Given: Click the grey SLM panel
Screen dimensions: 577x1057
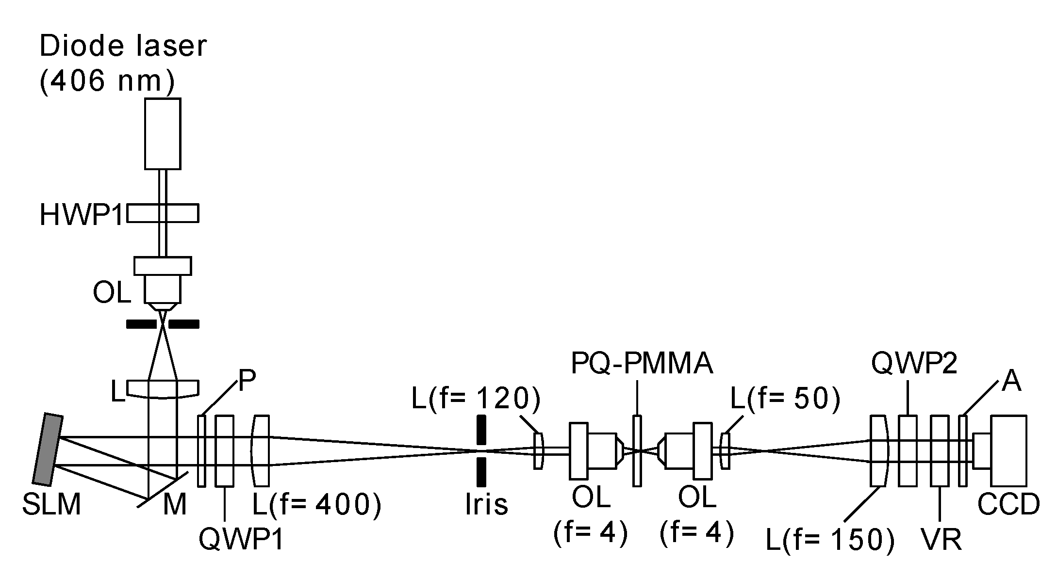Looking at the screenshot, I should tap(48, 449).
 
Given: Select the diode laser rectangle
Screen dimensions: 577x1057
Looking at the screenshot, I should tap(163, 134).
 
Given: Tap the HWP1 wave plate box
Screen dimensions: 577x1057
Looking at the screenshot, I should tap(163, 213).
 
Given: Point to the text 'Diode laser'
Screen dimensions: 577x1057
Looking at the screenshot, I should tap(123, 47).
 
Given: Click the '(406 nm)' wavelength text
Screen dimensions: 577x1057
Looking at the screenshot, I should tap(107, 80).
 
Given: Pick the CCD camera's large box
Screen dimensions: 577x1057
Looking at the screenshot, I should tap(1008, 451).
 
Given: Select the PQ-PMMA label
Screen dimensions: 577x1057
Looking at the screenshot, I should tap(642, 365).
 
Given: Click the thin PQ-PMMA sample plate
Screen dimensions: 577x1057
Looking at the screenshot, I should tap(637, 451).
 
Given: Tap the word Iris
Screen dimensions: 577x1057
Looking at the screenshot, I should tap(486, 504).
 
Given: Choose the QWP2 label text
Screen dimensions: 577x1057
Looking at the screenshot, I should tap(914, 364).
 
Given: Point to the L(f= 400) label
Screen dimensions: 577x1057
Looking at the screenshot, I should tap(316, 505).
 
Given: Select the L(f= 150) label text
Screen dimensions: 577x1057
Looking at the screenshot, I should tap(830, 540).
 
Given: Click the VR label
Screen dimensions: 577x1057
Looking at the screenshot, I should tap(941, 540).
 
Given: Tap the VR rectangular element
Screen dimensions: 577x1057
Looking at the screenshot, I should tap(940, 451).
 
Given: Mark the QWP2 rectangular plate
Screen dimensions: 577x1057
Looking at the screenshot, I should tap(908, 451).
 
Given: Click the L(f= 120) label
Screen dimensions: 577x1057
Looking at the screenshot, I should tap(476, 400).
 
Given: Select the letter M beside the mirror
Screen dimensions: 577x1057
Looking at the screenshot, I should tap(175, 505).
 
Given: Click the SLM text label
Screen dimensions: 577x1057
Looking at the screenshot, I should tap(51, 505).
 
